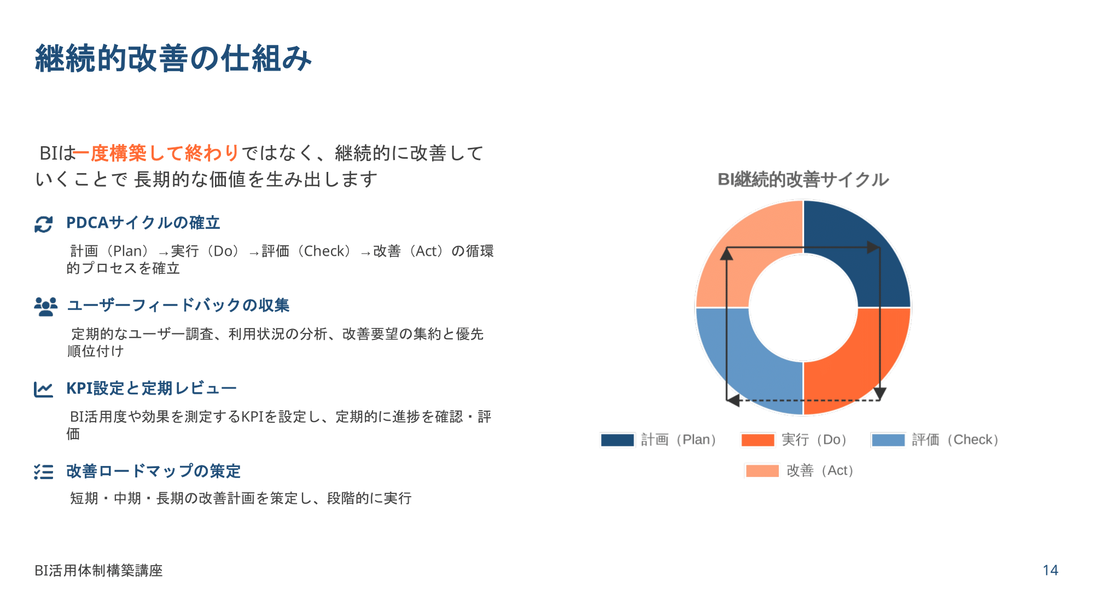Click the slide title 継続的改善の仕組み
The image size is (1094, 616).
click(x=173, y=59)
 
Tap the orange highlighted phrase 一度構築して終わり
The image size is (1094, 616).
click(x=156, y=153)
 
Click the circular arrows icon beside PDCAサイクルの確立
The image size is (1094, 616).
click(x=44, y=224)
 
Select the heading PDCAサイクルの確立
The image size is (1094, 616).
click(x=143, y=223)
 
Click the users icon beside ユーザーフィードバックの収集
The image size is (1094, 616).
click(x=45, y=307)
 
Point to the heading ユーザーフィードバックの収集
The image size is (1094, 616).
click(x=178, y=305)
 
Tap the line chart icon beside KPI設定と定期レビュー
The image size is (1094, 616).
click(x=43, y=389)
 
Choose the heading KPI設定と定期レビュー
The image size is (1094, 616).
click(x=152, y=388)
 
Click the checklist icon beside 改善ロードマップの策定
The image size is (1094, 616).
click(x=44, y=471)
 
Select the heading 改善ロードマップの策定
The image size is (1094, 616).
click(x=154, y=471)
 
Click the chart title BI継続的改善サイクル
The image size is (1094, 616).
click(x=803, y=180)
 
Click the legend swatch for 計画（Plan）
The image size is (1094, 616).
click(x=618, y=440)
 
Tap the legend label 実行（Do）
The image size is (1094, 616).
click(x=814, y=440)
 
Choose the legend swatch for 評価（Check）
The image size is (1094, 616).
click(x=888, y=440)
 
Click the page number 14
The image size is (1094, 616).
click(x=1050, y=570)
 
